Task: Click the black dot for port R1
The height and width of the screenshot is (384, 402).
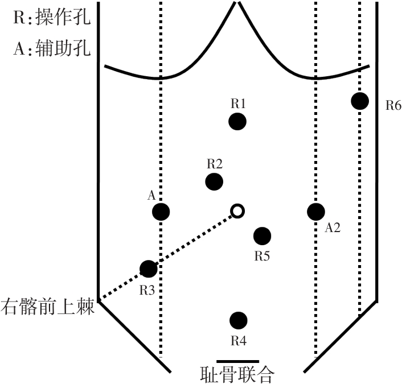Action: click(237, 121)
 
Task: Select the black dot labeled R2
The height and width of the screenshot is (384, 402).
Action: click(214, 182)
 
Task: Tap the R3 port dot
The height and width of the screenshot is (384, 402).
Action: click(148, 269)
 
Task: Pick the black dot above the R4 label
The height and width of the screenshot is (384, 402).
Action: click(238, 321)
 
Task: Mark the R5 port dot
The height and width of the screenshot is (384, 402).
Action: click(261, 236)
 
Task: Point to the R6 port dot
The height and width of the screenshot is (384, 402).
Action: click(359, 101)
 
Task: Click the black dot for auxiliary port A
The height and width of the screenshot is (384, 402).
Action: click(161, 212)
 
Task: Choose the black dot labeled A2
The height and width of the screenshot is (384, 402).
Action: click(316, 212)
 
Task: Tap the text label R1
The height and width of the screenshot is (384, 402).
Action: click(238, 104)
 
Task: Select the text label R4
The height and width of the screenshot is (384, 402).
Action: click(238, 341)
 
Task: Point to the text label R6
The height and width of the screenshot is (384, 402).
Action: click(393, 105)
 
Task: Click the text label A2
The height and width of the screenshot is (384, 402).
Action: click(333, 228)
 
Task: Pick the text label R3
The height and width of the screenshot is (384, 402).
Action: click(147, 290)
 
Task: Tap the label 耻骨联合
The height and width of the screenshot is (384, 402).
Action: click(238, 374)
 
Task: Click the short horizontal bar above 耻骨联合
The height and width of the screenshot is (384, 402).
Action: click(238, 361)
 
